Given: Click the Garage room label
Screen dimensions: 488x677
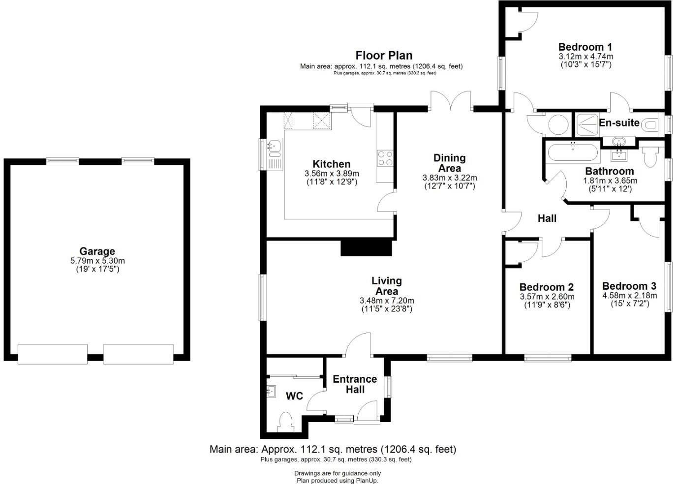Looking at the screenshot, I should [x=97, y=251].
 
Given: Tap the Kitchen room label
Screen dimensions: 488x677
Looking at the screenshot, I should [x=332, y=164].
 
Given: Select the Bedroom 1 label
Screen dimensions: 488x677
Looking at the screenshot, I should [x=585, y=47].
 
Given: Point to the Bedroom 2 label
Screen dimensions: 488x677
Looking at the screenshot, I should [x=547, y=287].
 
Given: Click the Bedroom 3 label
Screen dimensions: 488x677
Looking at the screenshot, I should [x=629, y=286].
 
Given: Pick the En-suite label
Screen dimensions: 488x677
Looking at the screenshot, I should [x=619, y=123].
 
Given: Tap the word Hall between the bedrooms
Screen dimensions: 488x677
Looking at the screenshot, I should [x=547, y=218].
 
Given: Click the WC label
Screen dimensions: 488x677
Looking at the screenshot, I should [x=294, y=396].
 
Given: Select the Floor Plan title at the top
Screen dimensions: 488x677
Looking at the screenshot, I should [x=384, y=56].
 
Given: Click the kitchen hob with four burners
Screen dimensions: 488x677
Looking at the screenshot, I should [x=385, y=157].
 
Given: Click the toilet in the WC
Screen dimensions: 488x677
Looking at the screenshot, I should [x=285, y=422].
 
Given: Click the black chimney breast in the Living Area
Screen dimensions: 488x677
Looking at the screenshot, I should [x=367, y=247].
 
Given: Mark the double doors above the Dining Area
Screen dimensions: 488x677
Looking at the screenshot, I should [x=451, y=102].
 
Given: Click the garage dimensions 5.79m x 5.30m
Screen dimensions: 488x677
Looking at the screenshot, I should [x=97, y=261].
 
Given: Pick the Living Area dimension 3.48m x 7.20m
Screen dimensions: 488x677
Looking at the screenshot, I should [x=386, y=301].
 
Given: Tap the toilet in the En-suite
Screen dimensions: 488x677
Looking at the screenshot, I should [x=650, y=125].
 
